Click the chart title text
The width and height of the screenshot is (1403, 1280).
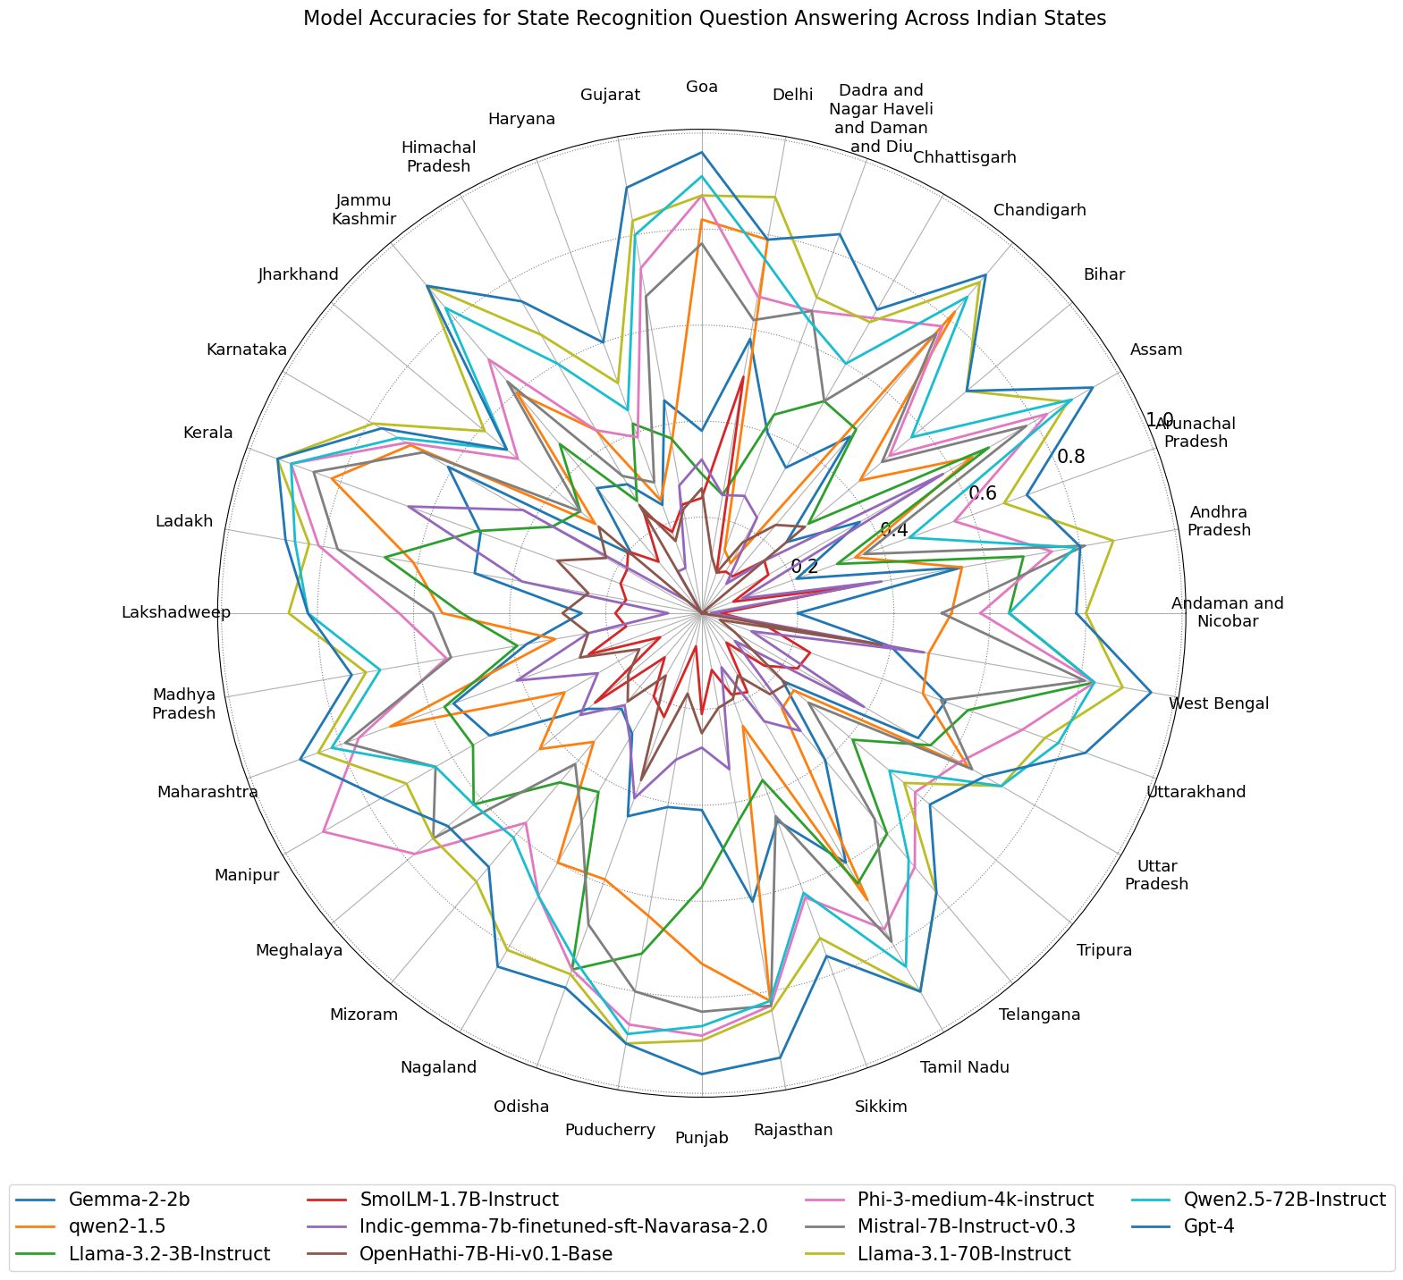point(704,19)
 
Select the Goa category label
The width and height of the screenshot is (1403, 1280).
point(702,87)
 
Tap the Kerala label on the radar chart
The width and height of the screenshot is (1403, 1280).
point(207,434)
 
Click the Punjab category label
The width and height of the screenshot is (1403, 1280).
point(702,1138)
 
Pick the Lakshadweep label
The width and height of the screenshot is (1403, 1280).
point(176,613)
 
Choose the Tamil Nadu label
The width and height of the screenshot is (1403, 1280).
point(965,1066)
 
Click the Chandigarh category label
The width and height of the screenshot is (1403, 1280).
point(1039,211)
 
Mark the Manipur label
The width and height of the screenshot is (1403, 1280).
point(247,875)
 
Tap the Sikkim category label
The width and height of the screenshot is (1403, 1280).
point(881,1107)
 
